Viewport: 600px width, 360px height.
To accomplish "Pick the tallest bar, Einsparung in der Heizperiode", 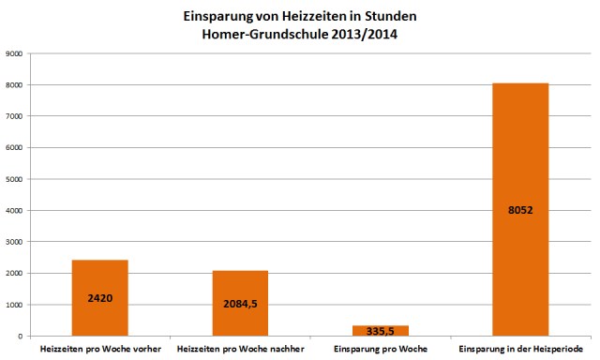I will pyautogui.click(x=520, y=150).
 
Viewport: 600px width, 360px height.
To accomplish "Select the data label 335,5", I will pyautogui.click(x=380, y=331).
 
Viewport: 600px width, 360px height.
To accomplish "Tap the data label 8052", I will pyautogui.click(x=520, y=210).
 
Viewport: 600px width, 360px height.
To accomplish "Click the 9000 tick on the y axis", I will pyautogui.click(x=16, y=54).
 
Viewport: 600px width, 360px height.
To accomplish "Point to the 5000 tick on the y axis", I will pyautogui.click(x=16, y=179).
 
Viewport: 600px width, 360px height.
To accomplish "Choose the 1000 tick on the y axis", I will pyautogui.click(x=16, y=305).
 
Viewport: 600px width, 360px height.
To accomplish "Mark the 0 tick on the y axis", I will pyautogui.click(x=22, y=336).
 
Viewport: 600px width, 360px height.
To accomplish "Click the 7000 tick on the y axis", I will pyautogui.click(x=16, y=116).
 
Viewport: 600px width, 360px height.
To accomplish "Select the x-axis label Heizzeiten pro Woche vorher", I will pyautogui.click(x=99, y=350).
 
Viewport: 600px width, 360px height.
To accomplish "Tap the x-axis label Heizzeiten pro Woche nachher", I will pyautogui.click(x=240, y=350).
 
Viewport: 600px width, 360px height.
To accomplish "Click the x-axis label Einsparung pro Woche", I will pyautogui.click(x=380, y=350).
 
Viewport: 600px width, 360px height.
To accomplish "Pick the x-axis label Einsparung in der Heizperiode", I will pyautogui.click(x=520, y=350).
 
